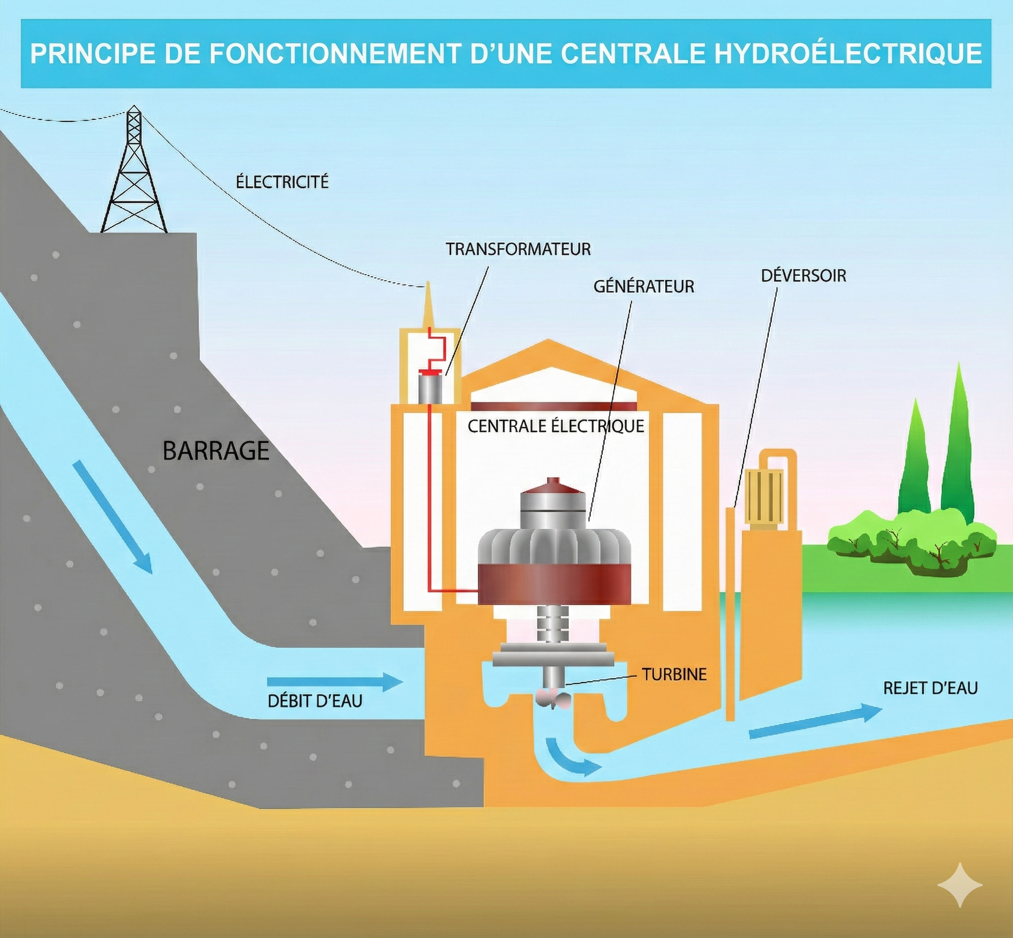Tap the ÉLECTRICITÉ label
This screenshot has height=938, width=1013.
(x=282, y=182)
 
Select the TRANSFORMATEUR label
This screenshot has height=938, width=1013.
(x=518, y=249)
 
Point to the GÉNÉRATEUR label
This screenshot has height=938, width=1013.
(x=643, y=287)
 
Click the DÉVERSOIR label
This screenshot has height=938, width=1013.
(x=804, y=276)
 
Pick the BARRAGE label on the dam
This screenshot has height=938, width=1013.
(x=215, y=451)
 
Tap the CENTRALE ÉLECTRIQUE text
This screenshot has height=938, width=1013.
(x=556, y=426)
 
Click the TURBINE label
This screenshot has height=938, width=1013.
(x=674, y=674)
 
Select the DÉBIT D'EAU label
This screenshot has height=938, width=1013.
(x=315, y=701)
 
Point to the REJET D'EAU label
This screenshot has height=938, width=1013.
(x=930, y=688)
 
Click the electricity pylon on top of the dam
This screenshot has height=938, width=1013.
(x=134, y=173)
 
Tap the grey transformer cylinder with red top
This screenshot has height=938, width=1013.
(x=430, y=386)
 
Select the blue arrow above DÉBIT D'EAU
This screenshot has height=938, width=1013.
(x=335, y=682)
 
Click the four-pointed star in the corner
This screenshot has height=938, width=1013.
(x=959, y=885)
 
